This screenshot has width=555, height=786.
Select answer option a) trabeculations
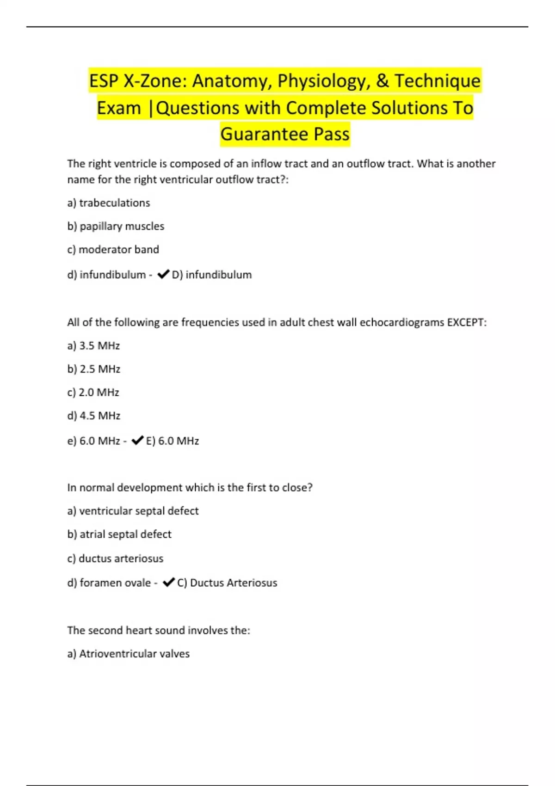pyautogui.click(x=109, y=203)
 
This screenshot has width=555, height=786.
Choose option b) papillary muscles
pyautogui.click(x=116, y=226)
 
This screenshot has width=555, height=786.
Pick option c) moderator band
pyautogui.click(x=113, y=250)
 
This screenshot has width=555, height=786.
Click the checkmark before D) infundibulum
pyautogui.click(x=163, y=275)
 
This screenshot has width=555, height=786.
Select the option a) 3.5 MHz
pyautogui.click(x=93, y=346)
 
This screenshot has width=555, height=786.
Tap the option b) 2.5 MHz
pyautogui.click(x=94, y=369)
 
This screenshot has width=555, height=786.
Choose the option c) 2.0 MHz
pyautogui.click(x=93, y=393)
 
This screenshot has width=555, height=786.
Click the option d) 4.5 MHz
pyautogui.click(x=94, y=416)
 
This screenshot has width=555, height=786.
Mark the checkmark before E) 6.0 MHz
pyautogui.click(x=137, y=441)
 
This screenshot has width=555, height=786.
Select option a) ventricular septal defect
pyautogui.click(x=133, y=511)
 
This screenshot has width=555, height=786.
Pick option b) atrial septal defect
pyautogui.click(x=119, y=534)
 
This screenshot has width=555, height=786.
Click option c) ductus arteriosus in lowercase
pyautogui.click(x=116, y=559)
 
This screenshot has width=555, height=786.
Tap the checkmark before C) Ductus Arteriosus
pyautogui.click(x=169, y=583)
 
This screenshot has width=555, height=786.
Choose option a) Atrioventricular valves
pyautogui.click(x=129, y=654)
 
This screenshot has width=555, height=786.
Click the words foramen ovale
pyautogui.click(x=115, y=583)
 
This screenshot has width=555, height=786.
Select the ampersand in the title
pyautogui.click(x=382, y=81)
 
